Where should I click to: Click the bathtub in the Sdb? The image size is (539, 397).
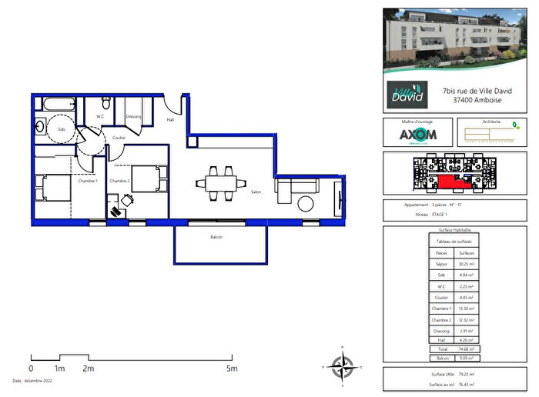54,103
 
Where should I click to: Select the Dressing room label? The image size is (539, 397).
134,116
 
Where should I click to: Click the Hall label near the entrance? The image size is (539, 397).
170,119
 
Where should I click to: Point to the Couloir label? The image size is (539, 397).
119,138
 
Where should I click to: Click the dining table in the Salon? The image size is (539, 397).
221,182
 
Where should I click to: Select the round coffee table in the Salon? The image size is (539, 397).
306,203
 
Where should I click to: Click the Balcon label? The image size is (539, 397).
216,237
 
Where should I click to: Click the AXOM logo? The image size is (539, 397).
417,135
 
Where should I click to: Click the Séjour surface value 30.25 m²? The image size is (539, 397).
466,264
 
